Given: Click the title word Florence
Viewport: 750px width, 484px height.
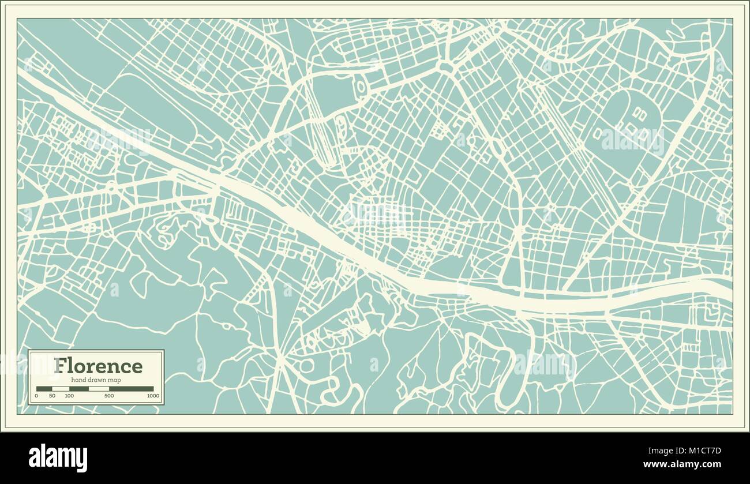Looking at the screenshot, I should pos(97,366).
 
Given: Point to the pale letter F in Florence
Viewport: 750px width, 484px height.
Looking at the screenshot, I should pos(59,366).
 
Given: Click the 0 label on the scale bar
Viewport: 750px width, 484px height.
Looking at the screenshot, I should pos(36,396).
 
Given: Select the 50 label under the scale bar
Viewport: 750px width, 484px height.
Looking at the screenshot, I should pos(52,396).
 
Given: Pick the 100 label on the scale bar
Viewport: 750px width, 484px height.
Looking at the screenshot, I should pos(69,396).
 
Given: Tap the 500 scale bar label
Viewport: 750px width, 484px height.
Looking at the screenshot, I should pos(108,396).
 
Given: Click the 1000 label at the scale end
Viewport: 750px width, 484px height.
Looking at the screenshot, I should pos(152,396).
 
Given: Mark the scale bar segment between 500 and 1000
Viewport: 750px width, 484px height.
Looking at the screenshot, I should pos(130,389).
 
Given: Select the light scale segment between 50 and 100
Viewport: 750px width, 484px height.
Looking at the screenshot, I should pos(61,389).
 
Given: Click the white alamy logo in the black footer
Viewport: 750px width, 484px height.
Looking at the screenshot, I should pos(58,458).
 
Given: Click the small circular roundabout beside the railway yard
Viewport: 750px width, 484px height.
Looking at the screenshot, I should pos(362,87).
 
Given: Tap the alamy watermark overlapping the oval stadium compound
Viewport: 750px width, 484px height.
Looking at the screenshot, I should pos(632,138).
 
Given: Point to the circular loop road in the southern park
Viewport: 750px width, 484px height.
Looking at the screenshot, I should pos(306,366).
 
